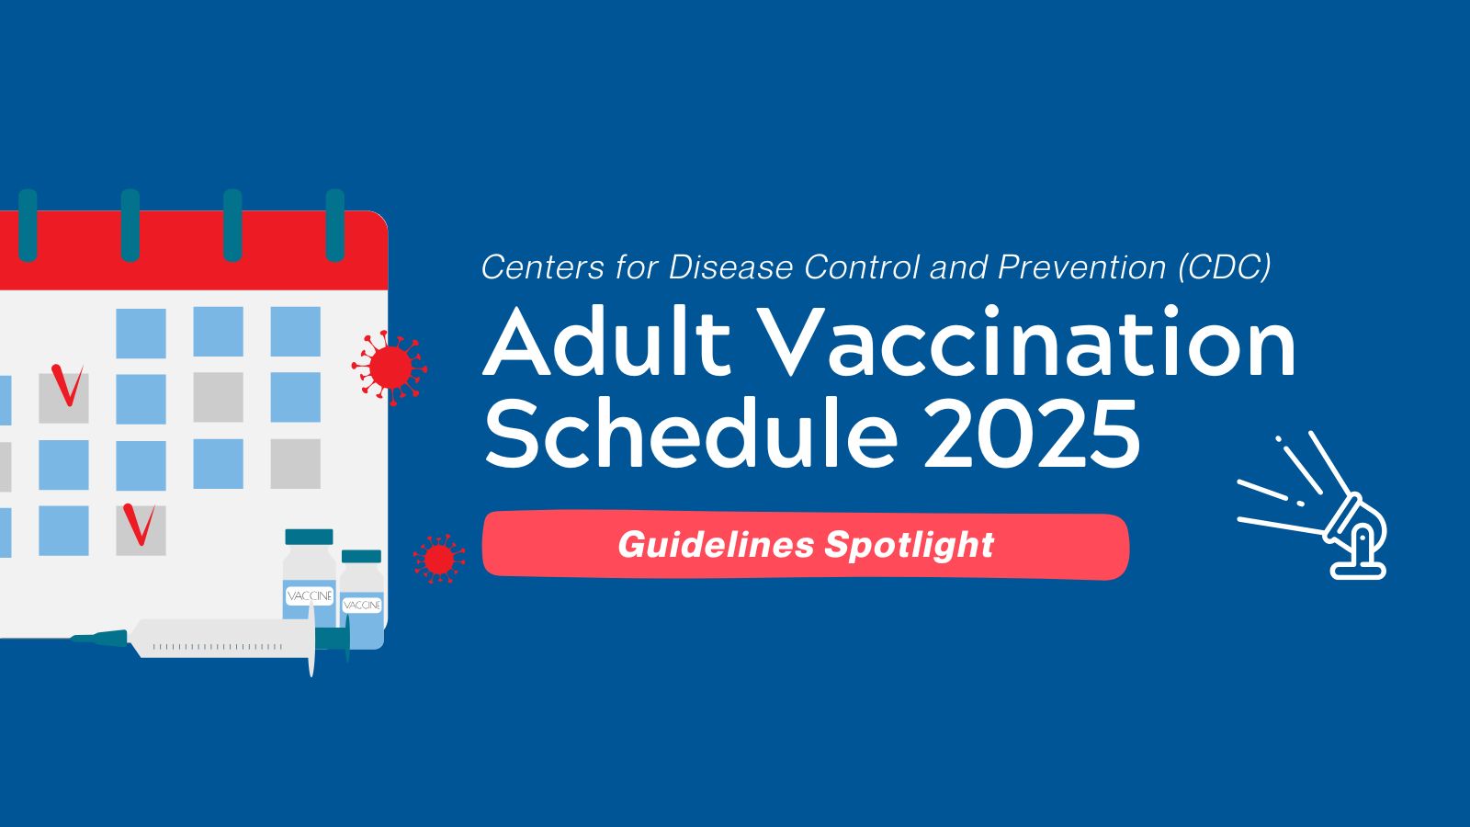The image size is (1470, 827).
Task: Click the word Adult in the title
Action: click(x=607, y=340)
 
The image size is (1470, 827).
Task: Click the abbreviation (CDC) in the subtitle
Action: click(x=1225, y=266)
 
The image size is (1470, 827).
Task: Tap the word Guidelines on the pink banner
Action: click(x=716, y=545)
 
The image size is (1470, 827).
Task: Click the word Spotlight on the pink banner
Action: click(x=910, y=546)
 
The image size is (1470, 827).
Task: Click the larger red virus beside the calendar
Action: click(x=390, y=368)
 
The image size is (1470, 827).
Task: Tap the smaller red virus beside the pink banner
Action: click(x=439, y=559)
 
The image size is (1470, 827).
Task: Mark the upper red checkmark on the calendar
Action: click(x=67, y=385)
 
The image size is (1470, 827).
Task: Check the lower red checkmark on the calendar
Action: click(x=139, y=524)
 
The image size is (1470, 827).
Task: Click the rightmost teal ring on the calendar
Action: click(x=334, y=225)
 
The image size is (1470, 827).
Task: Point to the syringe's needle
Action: click(x=98, y=637)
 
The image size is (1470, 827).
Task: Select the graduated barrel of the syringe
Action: click(x=220, y=638)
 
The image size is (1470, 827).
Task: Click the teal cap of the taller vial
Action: click(x=309, y=537)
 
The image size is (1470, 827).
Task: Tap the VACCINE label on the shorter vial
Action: click(x=362, y=605)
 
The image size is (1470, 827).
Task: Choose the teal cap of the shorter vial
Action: click(x=362, y=556)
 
